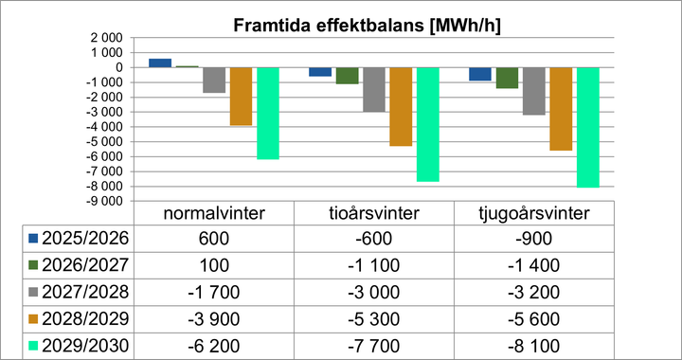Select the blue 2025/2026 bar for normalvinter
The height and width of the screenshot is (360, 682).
click(x=160, y=63)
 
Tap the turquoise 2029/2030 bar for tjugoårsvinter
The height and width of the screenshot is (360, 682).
click(x=588, y=127)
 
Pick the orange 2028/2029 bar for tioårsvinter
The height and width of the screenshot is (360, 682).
click(x=401, y=106)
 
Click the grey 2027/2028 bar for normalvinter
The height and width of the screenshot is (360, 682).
click(x=214, y=80)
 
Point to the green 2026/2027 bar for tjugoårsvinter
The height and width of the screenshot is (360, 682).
click(x=508, y=78)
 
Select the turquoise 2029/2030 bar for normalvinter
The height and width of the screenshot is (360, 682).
click(x=268, y=113)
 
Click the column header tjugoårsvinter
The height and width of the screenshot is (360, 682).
click(x=534, y=212)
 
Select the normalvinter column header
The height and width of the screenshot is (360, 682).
click(x=214, y=212)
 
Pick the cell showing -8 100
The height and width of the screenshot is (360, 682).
click(x=534, y=347)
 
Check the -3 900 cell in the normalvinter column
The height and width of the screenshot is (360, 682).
click(x=214, y=319)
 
